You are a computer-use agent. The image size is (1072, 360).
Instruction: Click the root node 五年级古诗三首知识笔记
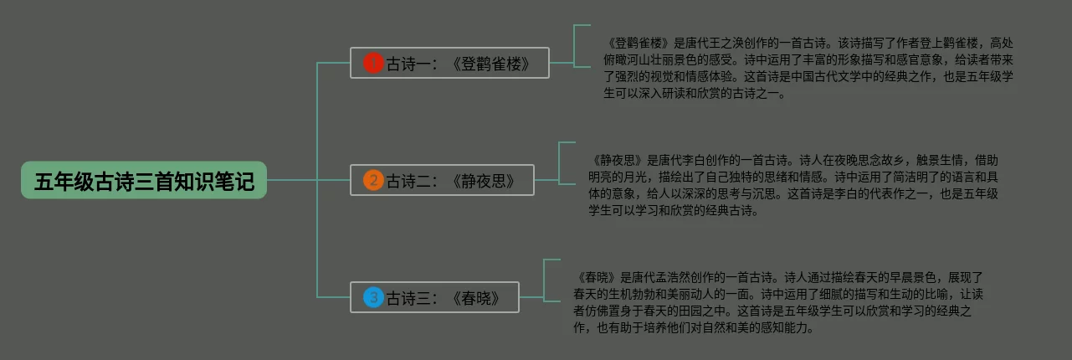144,180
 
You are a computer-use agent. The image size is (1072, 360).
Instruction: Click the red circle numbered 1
373,63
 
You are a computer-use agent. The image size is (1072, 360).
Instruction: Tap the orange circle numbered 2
373,180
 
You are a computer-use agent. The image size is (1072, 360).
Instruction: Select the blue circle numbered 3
373,297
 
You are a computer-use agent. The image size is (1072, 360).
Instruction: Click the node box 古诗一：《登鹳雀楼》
449,63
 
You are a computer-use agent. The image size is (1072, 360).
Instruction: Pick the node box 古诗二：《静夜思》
442,180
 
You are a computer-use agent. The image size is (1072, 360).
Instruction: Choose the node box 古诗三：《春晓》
435,297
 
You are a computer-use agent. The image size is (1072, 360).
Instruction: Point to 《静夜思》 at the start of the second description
618,160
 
